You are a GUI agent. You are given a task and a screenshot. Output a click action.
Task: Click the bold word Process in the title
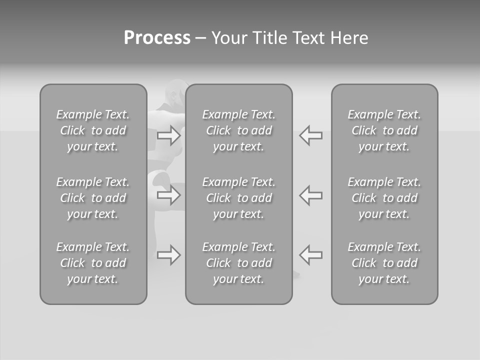click(x=157, y=38)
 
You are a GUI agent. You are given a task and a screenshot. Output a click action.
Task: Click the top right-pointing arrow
click(x=168, y=135)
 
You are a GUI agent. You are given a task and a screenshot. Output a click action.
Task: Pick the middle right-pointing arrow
click(x=168, y=195)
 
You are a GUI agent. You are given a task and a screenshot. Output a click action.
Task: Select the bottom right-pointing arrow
click(x=168, y=255)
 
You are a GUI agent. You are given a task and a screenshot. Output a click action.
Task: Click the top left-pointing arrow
click(x=310, y=135)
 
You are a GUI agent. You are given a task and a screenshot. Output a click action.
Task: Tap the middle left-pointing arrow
click(x=310, y=195)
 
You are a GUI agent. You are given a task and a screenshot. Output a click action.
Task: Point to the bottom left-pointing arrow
click(x=310, y=255)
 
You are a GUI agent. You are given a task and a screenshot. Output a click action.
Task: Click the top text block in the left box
click(x=93, y=130)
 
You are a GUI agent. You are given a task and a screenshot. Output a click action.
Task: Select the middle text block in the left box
click(x=93, y=198)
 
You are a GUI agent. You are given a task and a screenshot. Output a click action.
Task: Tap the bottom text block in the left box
click(x=93, y=263)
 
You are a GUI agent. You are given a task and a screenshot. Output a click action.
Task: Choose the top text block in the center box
click(x=239, y=130)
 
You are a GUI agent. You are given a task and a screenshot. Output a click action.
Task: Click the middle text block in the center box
click(x=239, y=198)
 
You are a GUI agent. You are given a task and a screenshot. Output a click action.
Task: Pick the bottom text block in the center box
click(x=239, y=263)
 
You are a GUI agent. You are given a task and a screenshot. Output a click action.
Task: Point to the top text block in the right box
click(x=384, y=130)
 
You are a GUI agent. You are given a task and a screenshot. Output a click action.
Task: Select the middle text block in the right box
click(x=384, y=198)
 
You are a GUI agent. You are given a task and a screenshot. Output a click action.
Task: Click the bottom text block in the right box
click(x=384, y=263)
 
